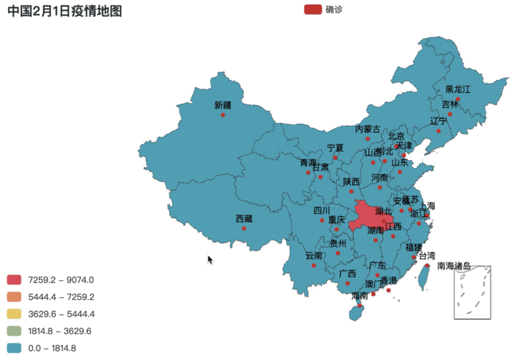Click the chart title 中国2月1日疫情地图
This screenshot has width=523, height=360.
click(x=65, y=11)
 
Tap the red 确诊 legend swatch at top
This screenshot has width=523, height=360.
click(x=313, y=9)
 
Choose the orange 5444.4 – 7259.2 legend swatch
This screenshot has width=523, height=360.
click(x=14, y=297)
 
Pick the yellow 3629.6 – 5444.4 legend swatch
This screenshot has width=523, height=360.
click(x=14, y=314)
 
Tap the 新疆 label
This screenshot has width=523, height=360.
click(x=223, y=105)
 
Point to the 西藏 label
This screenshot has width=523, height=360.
click(x=244, y=219)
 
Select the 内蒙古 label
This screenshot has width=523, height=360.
click(x=368, y=129)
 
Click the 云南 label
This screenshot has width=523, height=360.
click(x=314, y=256)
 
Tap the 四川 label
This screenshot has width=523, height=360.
click(x=322, y=210)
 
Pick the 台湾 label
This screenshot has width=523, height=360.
click(x=427, y=256)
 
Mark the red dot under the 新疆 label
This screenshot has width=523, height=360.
click(x=223, y=115)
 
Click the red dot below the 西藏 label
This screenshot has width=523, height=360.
click(x=244, y=229)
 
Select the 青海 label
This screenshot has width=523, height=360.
click(x=308, y=163)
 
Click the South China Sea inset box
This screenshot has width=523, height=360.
click(x=472, y=292)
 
